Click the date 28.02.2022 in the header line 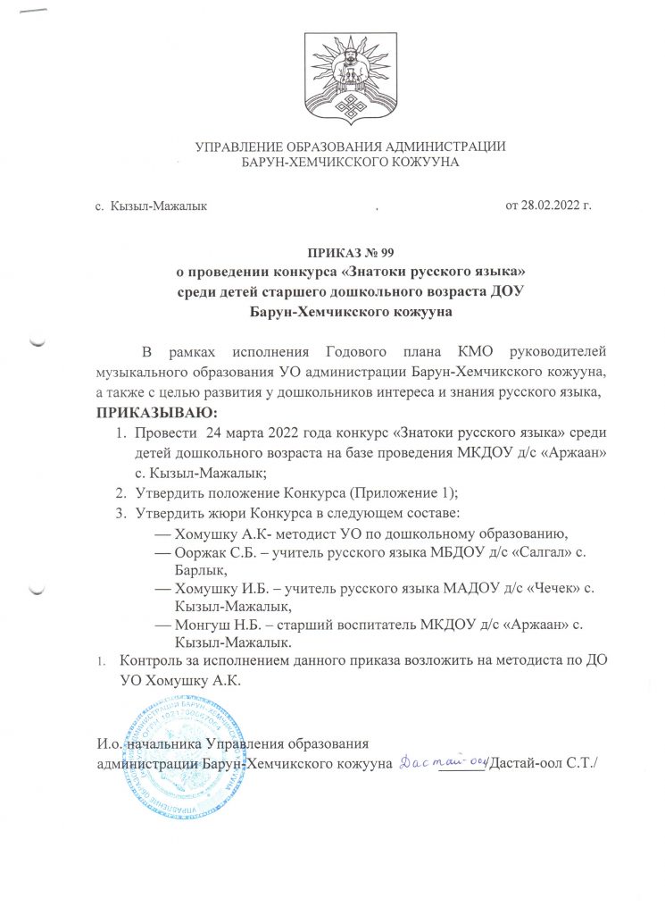pyautogui.click(x=551, y=207)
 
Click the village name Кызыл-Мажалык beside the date pyautogui.click(x=159, y=207)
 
